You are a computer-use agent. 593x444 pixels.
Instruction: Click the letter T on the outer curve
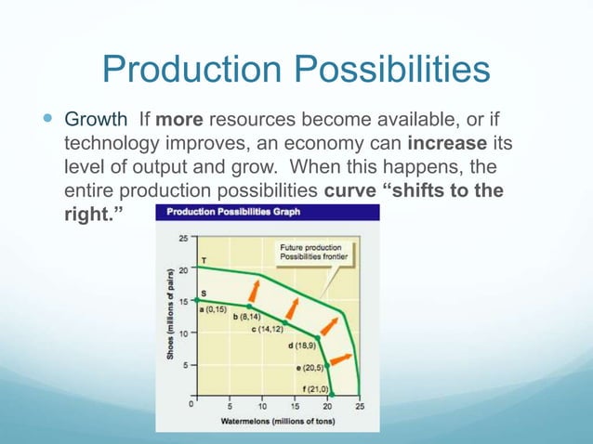pyautogui.click(x=204, y=259)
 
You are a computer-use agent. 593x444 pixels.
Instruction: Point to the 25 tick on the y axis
pyautogui.click(x=184, y=237)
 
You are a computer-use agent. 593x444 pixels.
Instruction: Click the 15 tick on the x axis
pyautogui.click(x=294, y=407)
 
